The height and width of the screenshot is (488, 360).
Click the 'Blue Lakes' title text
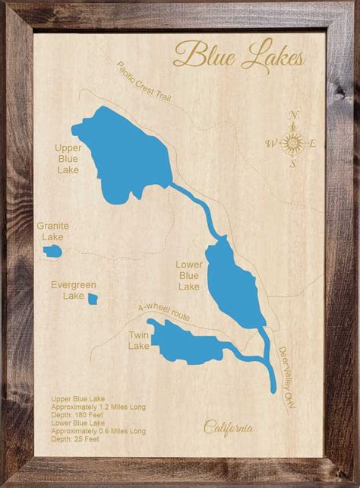coord(239,55)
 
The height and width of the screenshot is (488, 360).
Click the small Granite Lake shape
coord(53,250)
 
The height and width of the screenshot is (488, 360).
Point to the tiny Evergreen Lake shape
coord(92,298)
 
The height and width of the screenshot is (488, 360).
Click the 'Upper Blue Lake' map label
coord(68,160)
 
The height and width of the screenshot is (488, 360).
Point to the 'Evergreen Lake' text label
coord(74,290)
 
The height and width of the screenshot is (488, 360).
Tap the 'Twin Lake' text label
coord(139,340)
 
